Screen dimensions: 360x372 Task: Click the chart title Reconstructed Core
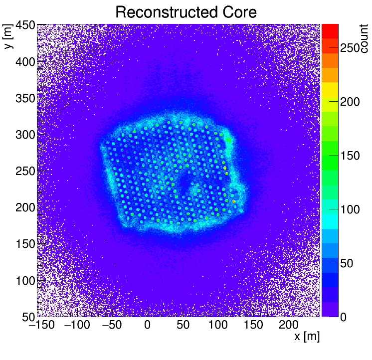pyautogui.click(x=186, y=12)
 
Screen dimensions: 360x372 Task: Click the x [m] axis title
pyautogui.click(x=306, y=337)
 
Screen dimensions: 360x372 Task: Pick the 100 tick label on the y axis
pyautogui.click(x=25, y=281)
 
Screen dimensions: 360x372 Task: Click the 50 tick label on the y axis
pyautogui.click(x=28, y=317)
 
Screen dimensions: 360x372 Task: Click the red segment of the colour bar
pyautogui.click(x=330, y=31)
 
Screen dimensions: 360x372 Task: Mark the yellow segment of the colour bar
pyautogui.click(x=330, y=89)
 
